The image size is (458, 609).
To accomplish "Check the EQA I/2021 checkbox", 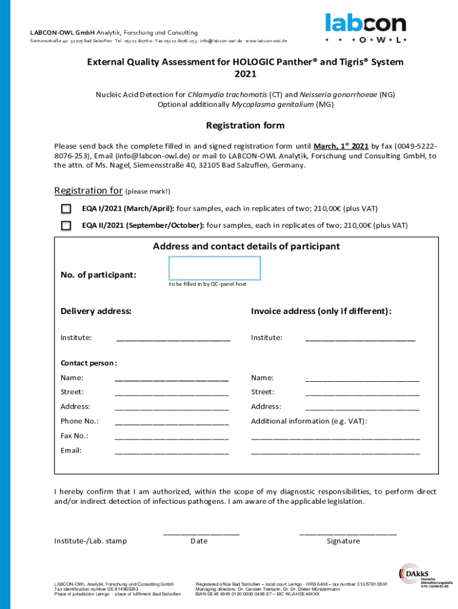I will (66, 209).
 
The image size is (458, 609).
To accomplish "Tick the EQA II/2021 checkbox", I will (66, 226).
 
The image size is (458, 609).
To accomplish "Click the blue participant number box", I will (215, 268).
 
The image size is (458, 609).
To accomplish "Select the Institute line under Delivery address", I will (173, 339).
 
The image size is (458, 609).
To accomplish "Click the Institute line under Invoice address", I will (360, 339).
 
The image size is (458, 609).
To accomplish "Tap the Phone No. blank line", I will (171, 423).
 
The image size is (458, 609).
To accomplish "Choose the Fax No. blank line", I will (171, 437).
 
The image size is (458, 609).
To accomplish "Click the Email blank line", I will (171, 452).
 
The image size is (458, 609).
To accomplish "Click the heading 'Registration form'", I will (245, 125).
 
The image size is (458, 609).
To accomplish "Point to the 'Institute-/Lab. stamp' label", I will (90, 541).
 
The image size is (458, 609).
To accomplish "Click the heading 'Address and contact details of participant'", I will (246, 246).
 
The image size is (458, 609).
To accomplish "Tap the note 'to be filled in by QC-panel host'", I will (208, 284).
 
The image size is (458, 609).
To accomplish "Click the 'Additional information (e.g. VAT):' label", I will (309, 421).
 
